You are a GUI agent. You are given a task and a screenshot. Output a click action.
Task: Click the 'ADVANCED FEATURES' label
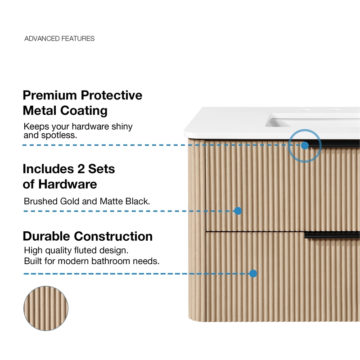point(59,38)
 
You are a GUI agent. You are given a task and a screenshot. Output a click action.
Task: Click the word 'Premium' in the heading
point(50,95)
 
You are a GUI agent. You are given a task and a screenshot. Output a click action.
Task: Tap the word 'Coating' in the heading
point(84,111)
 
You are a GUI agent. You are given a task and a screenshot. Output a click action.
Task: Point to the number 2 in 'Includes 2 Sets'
point(81,169)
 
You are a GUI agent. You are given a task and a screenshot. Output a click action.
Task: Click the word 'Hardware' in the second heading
point(67,184)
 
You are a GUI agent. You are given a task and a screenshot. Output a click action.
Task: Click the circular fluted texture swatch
point(46,308)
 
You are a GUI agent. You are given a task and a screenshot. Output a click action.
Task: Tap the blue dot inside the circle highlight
point(305,145)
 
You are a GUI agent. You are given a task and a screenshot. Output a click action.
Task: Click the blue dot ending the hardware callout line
point(238,211)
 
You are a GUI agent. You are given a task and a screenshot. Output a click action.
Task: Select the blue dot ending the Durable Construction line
point(253,274)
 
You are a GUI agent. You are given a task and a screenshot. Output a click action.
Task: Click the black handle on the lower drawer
point(332,235)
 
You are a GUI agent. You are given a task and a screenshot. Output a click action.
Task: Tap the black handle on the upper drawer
point(334,144)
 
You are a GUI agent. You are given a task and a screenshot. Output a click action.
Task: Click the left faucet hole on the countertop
point(305,110)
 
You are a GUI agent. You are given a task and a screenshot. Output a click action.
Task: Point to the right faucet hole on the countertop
point(335,110)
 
